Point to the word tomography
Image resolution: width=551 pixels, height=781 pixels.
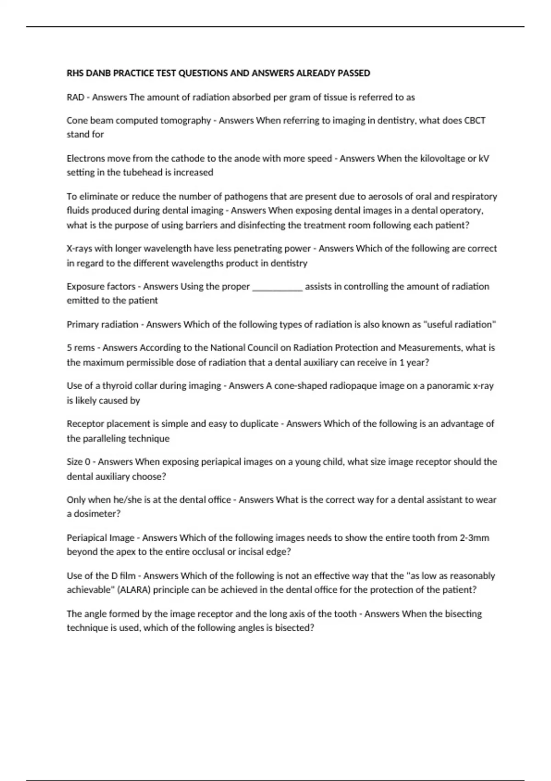pos(185,120)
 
